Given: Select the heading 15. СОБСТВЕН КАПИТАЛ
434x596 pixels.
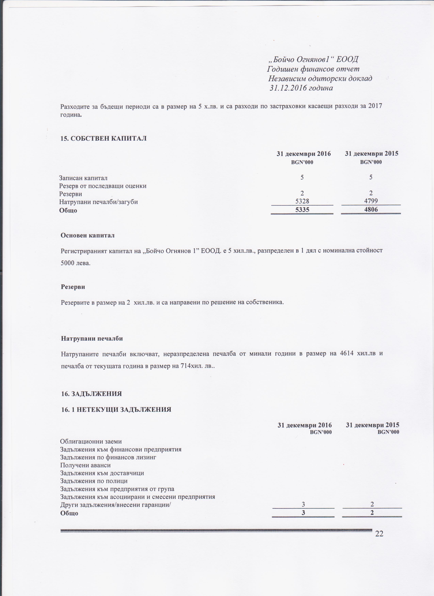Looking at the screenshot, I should click(x=103, y=139).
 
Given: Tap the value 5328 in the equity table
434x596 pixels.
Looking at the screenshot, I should click(x=302, y=202).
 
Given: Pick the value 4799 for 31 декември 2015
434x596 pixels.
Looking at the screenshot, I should click(x=371, y=202).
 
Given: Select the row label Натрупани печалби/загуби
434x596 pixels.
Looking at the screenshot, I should click(x=99, y=202).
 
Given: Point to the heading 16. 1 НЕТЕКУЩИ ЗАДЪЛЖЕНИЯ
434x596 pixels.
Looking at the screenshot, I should click(x=116, y=409).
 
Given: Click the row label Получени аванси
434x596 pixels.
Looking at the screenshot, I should click(x=85, y=465).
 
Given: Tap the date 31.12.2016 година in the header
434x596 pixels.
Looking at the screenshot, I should click(x=301, y=88).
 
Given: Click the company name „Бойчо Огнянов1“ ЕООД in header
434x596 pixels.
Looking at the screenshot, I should click(x=313, y=60).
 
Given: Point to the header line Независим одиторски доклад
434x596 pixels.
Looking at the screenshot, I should click(x=320, y=79).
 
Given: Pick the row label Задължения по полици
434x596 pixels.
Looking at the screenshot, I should click(x=94, y=481).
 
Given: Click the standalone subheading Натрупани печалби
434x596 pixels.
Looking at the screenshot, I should click(x=92, y=339).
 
